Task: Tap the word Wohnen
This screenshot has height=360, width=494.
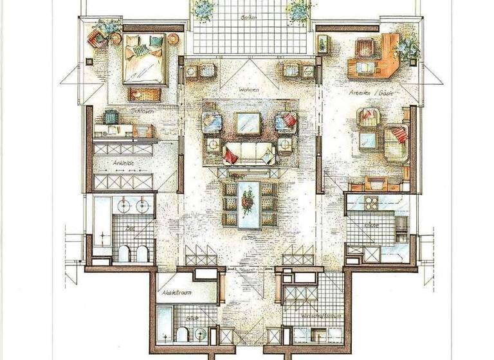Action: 247,90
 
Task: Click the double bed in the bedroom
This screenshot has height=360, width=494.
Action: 146,59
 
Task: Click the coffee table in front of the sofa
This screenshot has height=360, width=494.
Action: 248,122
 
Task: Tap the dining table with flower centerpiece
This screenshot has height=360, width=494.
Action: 248,204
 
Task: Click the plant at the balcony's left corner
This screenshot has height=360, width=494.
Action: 205,9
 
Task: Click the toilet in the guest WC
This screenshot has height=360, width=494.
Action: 183,334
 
